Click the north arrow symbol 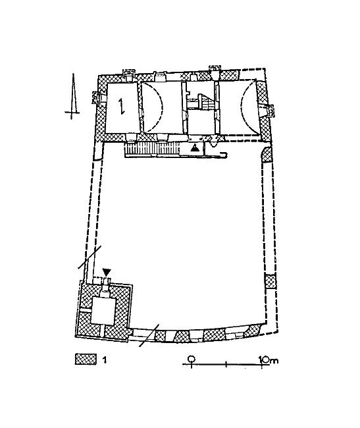72,97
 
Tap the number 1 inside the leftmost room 121,106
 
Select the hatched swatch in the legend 86,359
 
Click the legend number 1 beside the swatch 105,360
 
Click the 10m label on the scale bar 269,360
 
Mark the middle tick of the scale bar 226,364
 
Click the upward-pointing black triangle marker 194,148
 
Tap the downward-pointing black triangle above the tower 107,272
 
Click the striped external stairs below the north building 151,149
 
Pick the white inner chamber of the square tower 102,311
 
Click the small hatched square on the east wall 270,282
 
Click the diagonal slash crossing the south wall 149,335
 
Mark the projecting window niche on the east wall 269,111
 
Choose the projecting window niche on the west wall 97,97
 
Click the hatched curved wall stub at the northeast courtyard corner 267,155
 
